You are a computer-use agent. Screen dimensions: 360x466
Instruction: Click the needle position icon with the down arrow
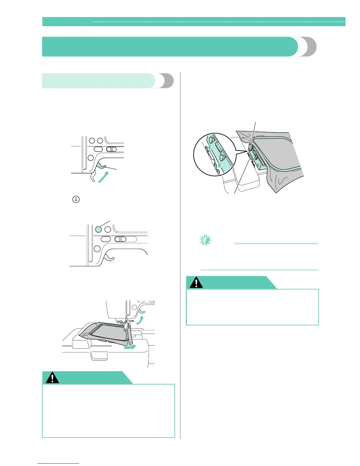pos(76,199)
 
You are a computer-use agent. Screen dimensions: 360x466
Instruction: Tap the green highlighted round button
pos(99,229)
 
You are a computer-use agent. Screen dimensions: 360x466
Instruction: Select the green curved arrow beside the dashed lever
pos(103,177)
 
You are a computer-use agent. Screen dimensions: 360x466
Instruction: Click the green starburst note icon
pos(205,240)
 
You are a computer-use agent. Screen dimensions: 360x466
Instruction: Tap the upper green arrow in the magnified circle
pos(210,147)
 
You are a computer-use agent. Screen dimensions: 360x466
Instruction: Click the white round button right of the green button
pos(108,229)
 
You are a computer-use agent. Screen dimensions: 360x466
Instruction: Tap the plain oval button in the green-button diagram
pos(106,239)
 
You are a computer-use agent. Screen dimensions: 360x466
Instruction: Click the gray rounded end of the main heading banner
pos(308,46)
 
